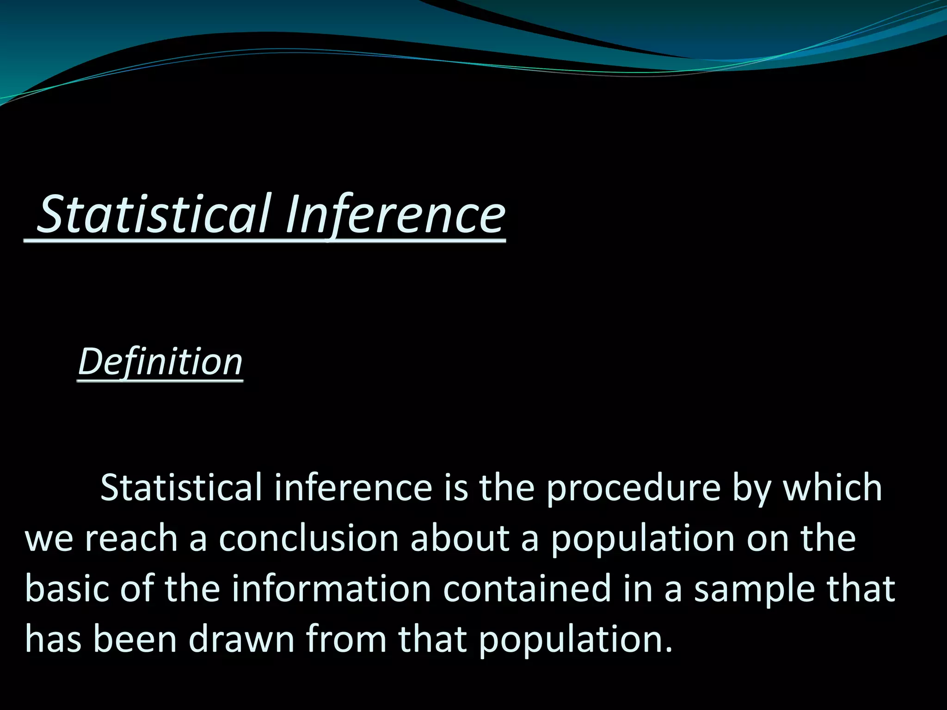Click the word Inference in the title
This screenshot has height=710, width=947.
click(x=395, y=215)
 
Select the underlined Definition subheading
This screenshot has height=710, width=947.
click(x=160, y=361)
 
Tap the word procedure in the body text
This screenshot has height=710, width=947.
click(x=633, y=488)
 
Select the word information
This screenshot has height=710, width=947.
click(x=332, y=588)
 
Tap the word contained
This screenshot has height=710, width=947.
click(x=527, y=588)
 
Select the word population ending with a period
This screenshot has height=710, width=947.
click(x=575, y=640)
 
